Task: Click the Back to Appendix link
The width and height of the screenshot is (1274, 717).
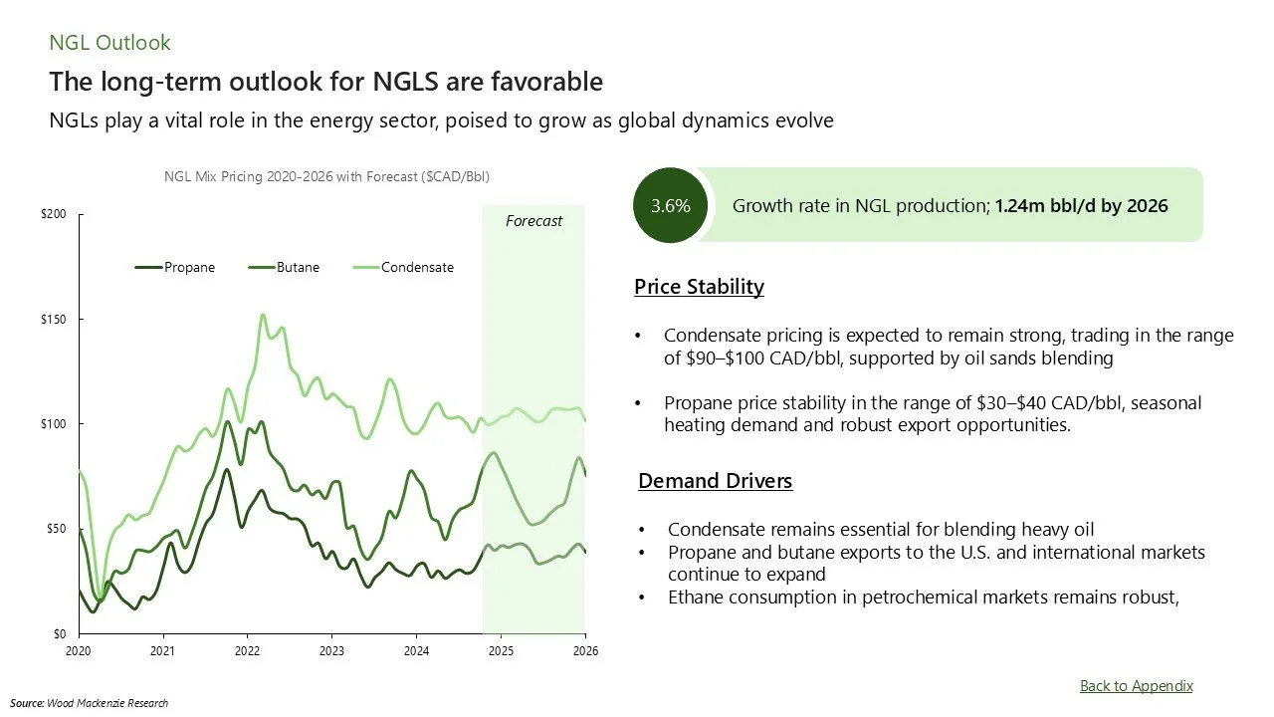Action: tap(1136, 685)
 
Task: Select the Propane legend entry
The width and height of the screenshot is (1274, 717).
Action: tap(176, 267)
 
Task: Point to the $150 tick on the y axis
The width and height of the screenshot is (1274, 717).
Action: tap(59, 320)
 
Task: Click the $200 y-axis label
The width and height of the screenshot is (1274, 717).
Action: tap(59, 214)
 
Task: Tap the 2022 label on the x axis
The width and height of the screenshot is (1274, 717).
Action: tap(247, 651)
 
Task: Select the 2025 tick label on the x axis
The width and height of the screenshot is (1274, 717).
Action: tap(501, 651)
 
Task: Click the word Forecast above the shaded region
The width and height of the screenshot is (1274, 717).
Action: tap(533, 221)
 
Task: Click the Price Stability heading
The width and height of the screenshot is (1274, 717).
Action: tap(699, 287)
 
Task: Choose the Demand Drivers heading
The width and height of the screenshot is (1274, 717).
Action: tap(715, 481)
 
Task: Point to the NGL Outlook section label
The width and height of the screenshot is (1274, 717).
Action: tap(109, 43)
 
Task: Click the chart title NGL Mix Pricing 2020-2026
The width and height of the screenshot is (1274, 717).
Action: tap(326, 176)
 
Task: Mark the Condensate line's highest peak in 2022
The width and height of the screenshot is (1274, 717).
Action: tap(263, 315)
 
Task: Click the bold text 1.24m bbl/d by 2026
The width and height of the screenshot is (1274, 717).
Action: tap(1081, 206)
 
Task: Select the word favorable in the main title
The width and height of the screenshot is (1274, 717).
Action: tap(552, 81)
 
